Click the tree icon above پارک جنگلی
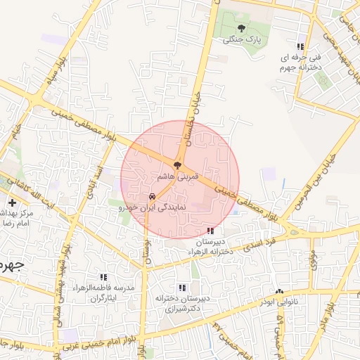(x=242, y=29)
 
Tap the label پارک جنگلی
(x=242, y=40)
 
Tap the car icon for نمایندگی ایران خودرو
(x=152, y=198)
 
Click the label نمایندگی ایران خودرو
(x=151, y=209)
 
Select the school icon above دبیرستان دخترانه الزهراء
(x=210, y=231)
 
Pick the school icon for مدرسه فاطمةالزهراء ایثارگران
(x=104, y=277)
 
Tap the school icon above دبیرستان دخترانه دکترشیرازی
(x=183, y=287)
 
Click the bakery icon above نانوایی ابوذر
(x=279, y=291)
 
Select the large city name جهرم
(x=13, y=266)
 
